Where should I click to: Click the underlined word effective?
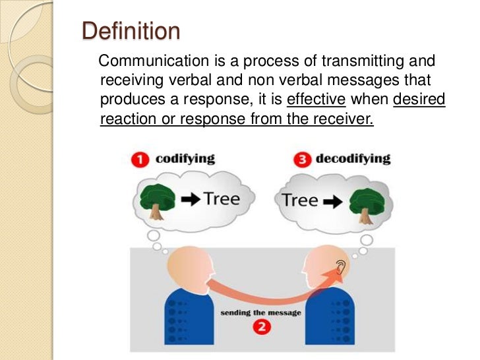click(316, 100)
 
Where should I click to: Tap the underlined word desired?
click(419, 100)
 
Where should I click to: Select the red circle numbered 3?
click(301, 160)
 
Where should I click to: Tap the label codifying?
click(185, 159)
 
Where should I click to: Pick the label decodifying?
click(353, 159)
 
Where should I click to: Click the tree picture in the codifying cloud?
click(159, 200)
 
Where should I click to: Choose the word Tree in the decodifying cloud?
click(301, 200)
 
